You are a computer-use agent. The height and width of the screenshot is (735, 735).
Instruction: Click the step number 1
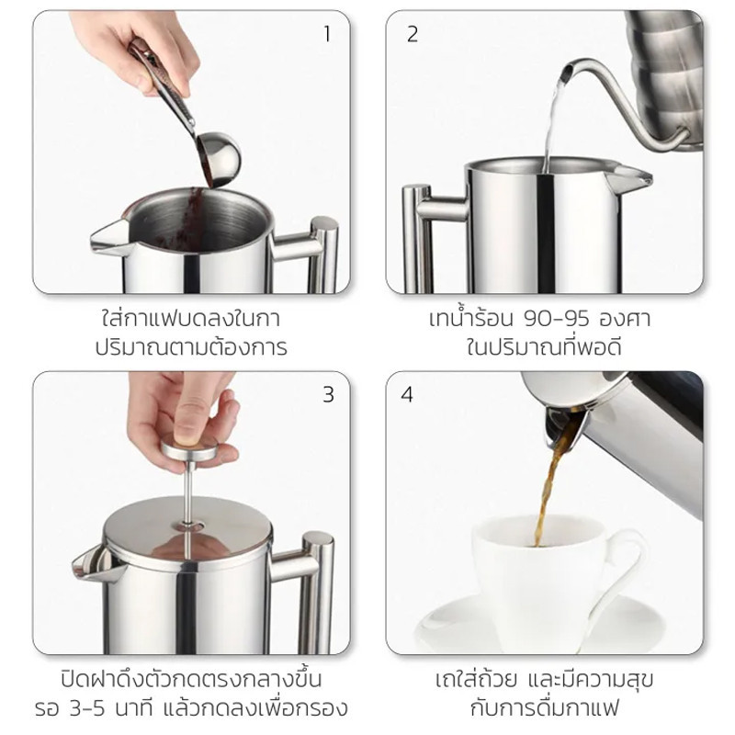tap(327, 34)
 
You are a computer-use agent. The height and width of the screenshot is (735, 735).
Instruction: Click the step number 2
tap(412, 34)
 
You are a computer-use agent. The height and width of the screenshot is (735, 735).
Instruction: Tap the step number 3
tap(328, 395)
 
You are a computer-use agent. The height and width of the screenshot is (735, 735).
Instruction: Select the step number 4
tap(407, 395)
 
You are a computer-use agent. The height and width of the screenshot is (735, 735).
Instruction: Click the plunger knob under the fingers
tap(189, 448)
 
